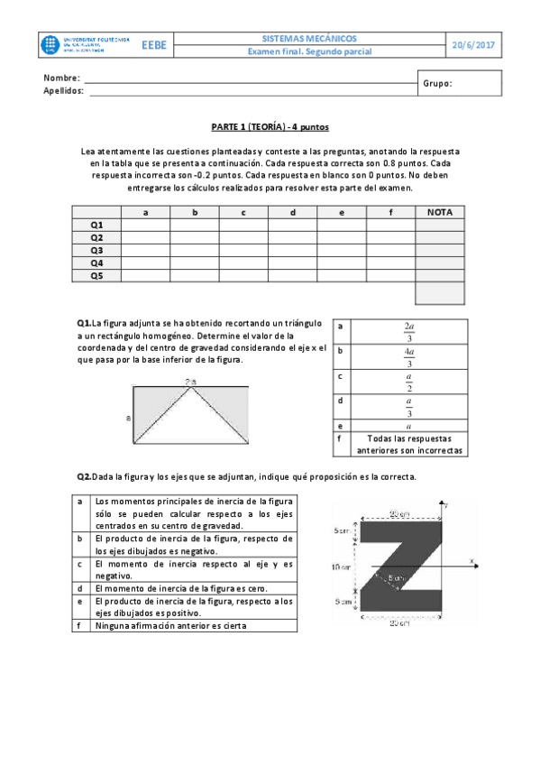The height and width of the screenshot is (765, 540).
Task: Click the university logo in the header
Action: [x=87, y=45]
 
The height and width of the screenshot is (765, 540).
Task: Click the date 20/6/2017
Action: [x=473, y=45]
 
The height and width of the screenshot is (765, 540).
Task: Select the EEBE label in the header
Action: [x=153, y=45]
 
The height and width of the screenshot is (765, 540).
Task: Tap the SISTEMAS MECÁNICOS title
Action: [x=308, y=39]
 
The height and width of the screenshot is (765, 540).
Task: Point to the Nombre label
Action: [x=61, y=78]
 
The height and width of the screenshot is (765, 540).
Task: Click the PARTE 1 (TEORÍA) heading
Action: [x=270, y=129]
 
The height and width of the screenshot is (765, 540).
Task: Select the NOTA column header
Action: [x=439, y=212]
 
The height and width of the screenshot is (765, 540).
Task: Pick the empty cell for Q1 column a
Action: [x=145, y=225]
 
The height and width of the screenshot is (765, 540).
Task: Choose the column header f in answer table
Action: [x=390, y=212]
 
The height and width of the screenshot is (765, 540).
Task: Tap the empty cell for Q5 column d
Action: [x=292, y=275]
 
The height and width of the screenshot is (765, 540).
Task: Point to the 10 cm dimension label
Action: [x=340, y=567]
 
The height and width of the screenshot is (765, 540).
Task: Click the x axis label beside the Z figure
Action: [x=471, y=561]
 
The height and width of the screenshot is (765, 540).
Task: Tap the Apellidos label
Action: [x=64, y=91]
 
